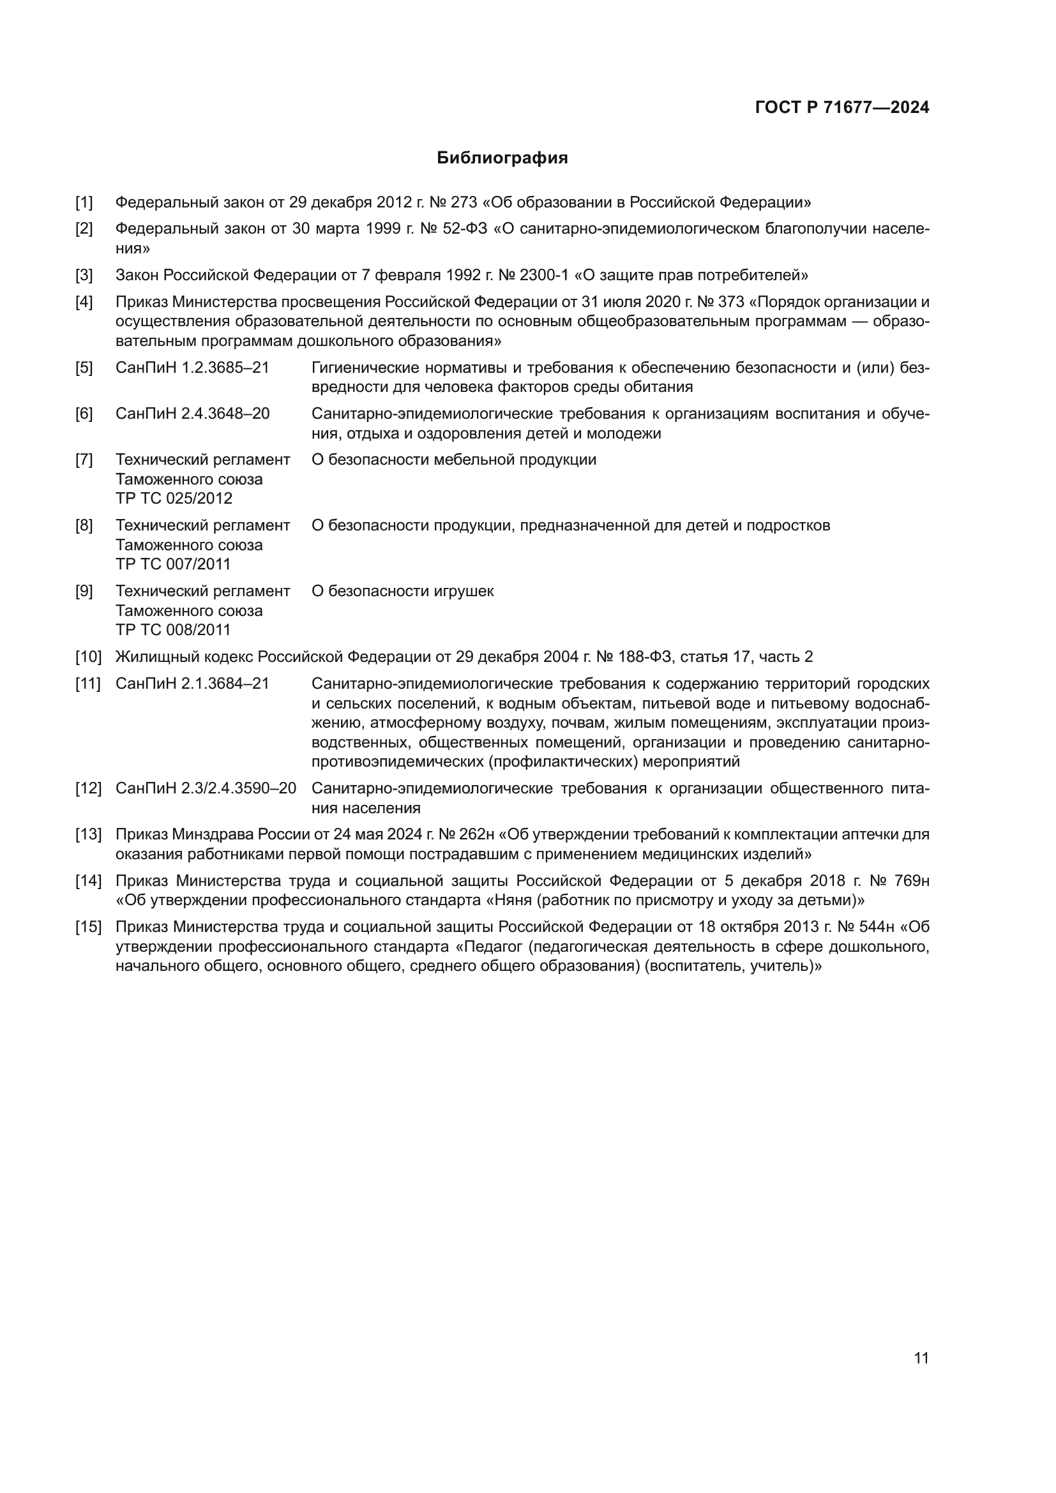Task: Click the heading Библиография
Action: [502, 158]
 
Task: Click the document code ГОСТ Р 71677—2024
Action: [841, 108]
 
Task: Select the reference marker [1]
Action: [84, 202]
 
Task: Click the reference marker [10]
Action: [89, 657]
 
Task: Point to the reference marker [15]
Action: [89, 927]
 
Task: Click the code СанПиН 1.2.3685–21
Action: [192, 368]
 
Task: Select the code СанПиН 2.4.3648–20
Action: [192, 414]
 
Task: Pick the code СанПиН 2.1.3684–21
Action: [192, 684]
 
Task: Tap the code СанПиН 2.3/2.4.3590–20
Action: [206, 788]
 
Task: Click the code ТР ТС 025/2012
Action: [174, 498]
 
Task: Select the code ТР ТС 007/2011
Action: [173, 564]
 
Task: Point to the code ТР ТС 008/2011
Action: [173, 629]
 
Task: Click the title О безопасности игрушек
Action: [402, 591]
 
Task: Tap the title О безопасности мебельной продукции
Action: [454, 460]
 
